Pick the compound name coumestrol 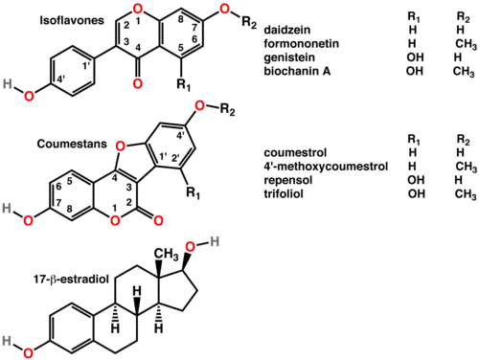(284, 153)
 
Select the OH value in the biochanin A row (413, 70)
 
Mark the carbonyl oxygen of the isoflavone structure (140, 84)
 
